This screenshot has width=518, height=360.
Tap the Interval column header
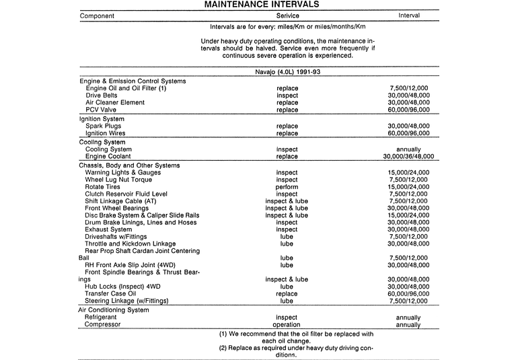[x=408, y=15]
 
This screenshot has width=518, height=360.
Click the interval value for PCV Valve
[x=408, y=110]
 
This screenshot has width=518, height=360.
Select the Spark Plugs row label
[x=104, y=126]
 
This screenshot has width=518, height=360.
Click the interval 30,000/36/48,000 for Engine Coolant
[x=403, y=157]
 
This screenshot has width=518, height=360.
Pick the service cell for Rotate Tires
[x=287, y=187]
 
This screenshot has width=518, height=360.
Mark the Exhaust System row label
[x=108, y=229]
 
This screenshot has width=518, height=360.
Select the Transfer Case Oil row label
[x=110, y=293]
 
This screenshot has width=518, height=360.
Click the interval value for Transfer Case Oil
[x=408, y=293]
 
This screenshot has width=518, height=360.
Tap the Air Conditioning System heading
[x=114, y=310]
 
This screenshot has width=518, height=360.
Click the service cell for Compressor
[x=287, y=324]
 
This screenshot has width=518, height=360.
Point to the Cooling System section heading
[x=102, y=143]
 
